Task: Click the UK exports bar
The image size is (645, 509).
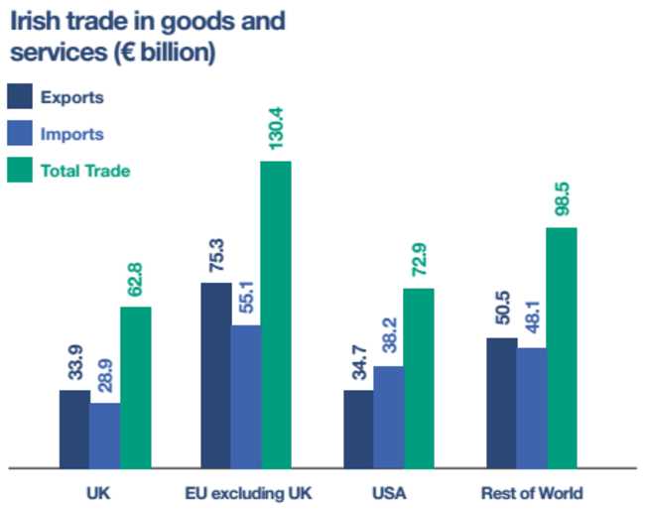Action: tap(74, 428)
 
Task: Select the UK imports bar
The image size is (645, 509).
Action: tap(105, 435)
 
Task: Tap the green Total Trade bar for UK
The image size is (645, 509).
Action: tap(136, 386)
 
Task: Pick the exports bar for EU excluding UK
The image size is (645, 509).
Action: tap(216, 374)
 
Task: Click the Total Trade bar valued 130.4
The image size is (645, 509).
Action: tap(276, 314)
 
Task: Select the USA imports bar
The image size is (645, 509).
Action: tap(389, 416)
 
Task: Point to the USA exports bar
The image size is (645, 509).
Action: tap(358, 428)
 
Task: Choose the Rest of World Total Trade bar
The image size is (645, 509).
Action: tap(562, 346)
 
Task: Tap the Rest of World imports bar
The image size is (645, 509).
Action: tap(531, 407)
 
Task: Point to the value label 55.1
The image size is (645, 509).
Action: tap(246, 298)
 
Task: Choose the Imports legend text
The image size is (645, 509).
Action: tap(71, 134)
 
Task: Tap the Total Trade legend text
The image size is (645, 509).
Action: tap(85, 171)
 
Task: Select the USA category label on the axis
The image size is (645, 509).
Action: tap(389, 492)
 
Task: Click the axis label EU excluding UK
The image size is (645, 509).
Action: tap(247, 492)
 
